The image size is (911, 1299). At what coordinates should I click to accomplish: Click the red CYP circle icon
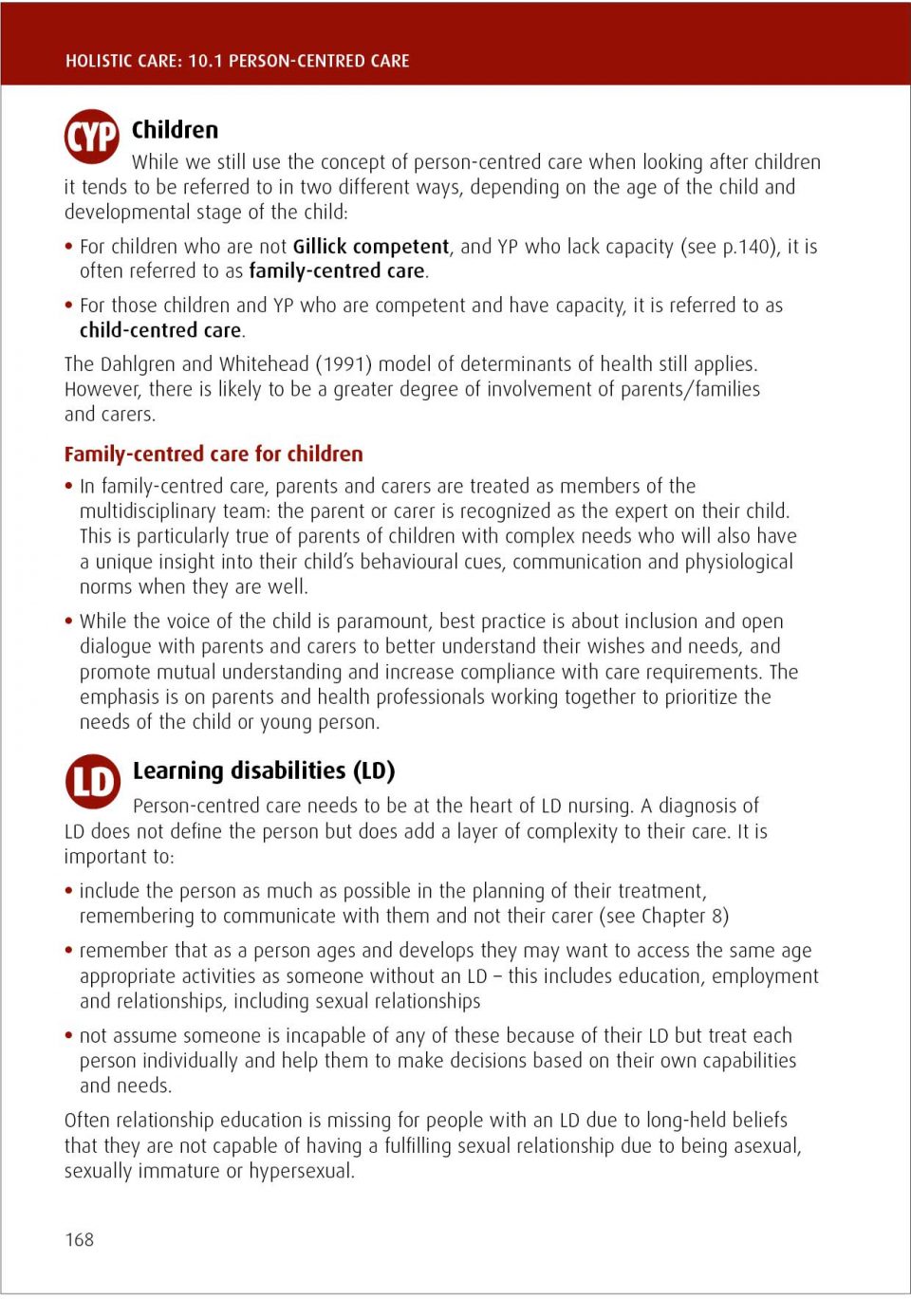click(92, 137)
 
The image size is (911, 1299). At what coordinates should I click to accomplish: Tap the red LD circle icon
click(93, 781)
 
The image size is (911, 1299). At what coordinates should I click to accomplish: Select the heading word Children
click(175, 130)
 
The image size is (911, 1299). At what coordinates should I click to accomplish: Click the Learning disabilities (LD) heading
click(264, 770)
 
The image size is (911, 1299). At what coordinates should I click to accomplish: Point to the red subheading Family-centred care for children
click(214, 454)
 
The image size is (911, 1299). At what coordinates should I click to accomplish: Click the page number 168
click(80, 1239)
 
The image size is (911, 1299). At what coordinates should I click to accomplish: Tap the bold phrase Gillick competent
click(370, 247)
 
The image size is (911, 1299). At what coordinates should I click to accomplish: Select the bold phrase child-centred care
click(160, 330)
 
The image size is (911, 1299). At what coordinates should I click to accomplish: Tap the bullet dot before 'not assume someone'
click(68, 1035)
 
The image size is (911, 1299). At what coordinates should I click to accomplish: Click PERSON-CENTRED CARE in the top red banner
click(319, 61)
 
